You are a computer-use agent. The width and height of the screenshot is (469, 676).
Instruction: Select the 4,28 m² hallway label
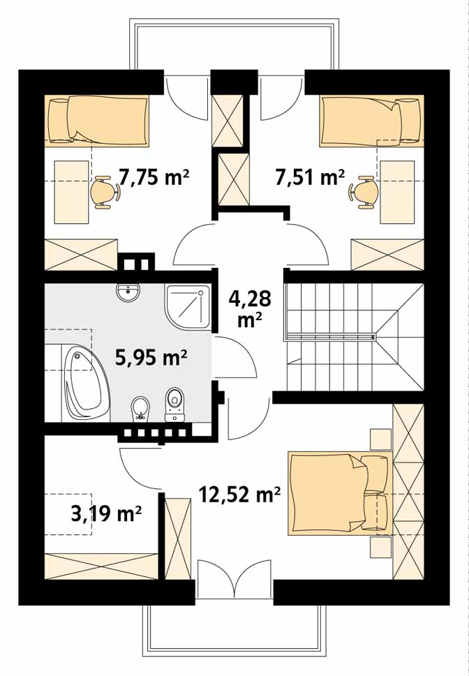coord(250,308)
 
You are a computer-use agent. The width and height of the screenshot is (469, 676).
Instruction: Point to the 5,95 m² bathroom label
coord(151,357)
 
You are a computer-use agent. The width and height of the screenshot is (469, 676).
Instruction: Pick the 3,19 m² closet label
coord(106,513)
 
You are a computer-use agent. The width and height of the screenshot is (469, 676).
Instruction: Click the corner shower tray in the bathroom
coord(187,308)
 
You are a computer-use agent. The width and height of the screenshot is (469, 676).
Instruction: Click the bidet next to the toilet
coord(140,408)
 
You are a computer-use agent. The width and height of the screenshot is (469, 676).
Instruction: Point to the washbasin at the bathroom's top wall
coord(128,293)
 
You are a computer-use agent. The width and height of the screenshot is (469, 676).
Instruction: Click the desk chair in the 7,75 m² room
coord(105,193)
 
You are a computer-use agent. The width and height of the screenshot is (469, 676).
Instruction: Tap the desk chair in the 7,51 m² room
coord(364,193)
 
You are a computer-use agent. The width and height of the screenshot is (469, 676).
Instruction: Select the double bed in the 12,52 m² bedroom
coord(341,493)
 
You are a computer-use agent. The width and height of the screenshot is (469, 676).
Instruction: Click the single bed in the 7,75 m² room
coord(97,121)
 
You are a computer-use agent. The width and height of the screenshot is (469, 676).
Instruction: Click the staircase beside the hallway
coord(355,337)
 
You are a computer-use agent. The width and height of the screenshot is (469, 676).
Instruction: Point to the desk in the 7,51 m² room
coord(397,193)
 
